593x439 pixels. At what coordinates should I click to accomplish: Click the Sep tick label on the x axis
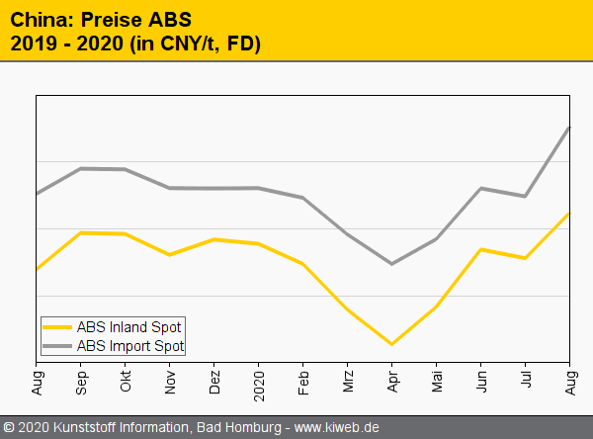pyautogui.click(x=81, y=380)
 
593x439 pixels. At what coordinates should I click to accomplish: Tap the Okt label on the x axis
pyautogui.click(x=126, y=380)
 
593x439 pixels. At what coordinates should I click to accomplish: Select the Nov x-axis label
pyautogui.click(x=170, y=380)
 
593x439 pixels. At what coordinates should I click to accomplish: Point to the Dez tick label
pyautogui.click(x=214, y=380)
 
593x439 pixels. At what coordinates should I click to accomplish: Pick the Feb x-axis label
pyautogui.click(x=303, y=380)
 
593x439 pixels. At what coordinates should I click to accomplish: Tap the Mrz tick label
pyautogui.click(x=348, y=380)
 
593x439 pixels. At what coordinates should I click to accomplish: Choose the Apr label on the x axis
pyautogui.click(x=392, y=380)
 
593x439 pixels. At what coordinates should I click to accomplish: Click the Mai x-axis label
pyautogui.click(x=437, y=380)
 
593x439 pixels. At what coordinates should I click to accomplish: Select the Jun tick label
pyautogui.click(x=481, y=380)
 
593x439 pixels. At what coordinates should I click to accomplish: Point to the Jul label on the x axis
pyautogui.click(x=526, y=379)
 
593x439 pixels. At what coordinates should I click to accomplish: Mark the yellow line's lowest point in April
pyautogui.click(x=392, y=344)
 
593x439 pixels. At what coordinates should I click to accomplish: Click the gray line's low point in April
pyautogui.click(x=392, y=264)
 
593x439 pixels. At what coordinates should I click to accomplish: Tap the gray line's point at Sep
pyautogui.click(x=81, y=168)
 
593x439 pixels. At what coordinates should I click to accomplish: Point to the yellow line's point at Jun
pyautogui.click(x=480, y=249)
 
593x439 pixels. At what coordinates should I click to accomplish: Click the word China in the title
pyautogui.click(x=37, y=21)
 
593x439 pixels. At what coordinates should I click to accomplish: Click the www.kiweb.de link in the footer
pyautogui.click(x=337, y=428)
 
